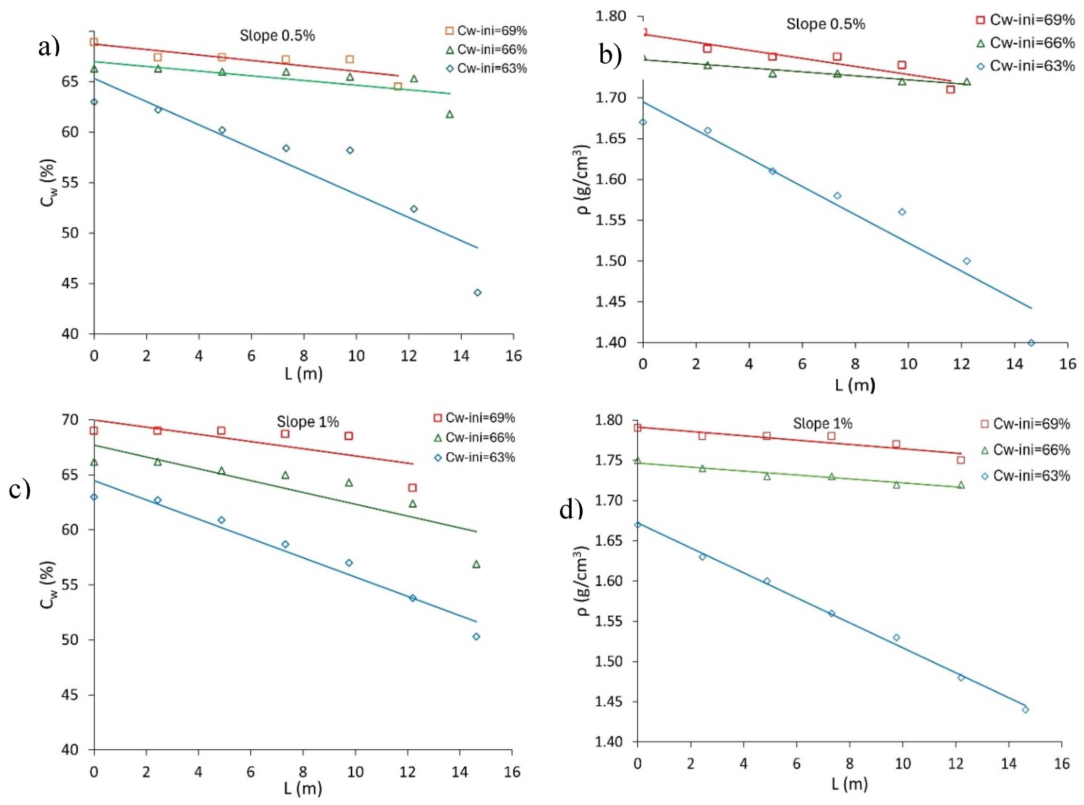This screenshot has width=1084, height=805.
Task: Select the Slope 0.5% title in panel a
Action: point(277,35)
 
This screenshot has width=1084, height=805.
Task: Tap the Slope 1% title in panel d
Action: point(823,424)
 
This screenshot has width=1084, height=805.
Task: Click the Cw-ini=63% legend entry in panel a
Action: point(487,69)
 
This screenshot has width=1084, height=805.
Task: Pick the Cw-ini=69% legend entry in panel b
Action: point(1025,20)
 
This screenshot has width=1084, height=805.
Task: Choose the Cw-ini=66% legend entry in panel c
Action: point(474,438)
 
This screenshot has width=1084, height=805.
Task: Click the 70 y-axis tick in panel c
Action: point(71,419)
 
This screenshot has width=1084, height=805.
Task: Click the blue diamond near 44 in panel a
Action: point(478,292)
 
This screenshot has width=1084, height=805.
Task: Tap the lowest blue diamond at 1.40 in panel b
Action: point(1031,343)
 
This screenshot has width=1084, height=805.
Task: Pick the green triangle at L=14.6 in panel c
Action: point(476,564)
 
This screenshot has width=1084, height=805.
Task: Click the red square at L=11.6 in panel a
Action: point(398,86)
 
